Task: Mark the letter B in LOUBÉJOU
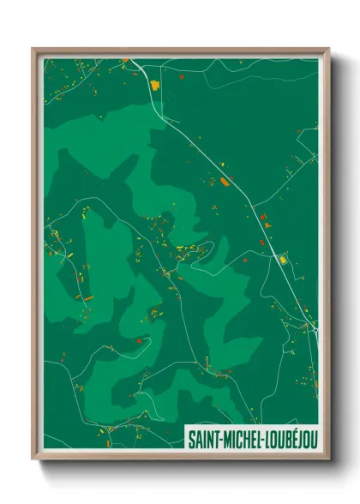tap(290, 439)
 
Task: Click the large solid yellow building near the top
tap(155, 85)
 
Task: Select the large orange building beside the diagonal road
tap(225, 182)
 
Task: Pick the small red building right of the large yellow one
tap(182, 76)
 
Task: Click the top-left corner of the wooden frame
tap(33, 49)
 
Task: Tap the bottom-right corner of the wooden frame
tap(329, 459)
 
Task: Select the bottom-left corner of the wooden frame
tap(33, 459)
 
